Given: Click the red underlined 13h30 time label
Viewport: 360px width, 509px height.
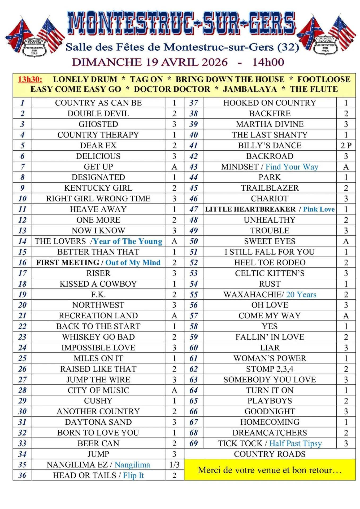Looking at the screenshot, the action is pyautogui.click(x=30, y=79).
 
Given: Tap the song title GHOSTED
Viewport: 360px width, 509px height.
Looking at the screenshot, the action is pyautogui.click(x=98, y=124).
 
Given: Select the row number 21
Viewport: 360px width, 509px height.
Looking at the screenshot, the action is pyautogui.click(x=22, y=316).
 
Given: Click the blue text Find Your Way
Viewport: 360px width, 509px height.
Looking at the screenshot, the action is pyautogui.click(x=292, y=167).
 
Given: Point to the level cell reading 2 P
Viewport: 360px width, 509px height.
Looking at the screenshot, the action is pyautogui.click(x=346, y=146).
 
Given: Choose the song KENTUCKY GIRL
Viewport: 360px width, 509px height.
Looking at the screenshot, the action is pyautogui.click(x=98, y=188).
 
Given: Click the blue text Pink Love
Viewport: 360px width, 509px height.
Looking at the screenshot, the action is pyautogui.click(x=319, y=209).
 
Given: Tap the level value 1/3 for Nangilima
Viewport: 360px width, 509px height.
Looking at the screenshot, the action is pyautogui.click(x=174, y=465).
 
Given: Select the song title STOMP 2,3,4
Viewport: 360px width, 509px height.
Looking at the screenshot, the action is pyautogui.click(x=270, y=369).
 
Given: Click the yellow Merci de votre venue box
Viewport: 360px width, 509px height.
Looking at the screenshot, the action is pyautogui.click(x=270, y=470).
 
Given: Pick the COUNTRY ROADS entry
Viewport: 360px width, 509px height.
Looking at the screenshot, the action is pyautogui.click(x=270, y=454).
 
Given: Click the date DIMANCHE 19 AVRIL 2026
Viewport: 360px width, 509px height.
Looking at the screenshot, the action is pyautogui.click(x=150, y=62).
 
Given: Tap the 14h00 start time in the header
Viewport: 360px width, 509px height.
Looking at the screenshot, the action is pyautogui.click(x=268, y=62).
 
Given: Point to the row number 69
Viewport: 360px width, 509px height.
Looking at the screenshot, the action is pyautogui.click(x=194, y=444).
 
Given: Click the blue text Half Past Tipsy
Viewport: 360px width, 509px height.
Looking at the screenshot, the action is pyautogui.click(x=296, y=444).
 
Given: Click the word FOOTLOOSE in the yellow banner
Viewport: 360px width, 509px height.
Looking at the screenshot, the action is pyautogui.click(x=324, y=79).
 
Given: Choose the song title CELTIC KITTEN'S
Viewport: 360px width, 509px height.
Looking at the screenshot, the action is pyautogui.click(x=270, y=273).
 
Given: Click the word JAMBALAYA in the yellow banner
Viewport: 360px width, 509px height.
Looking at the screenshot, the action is pyautogui.click(x=250, y=89).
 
